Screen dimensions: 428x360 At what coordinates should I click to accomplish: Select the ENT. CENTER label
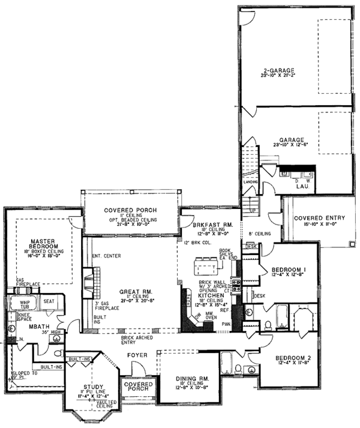pyautogui.click(x=107, y=256)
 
